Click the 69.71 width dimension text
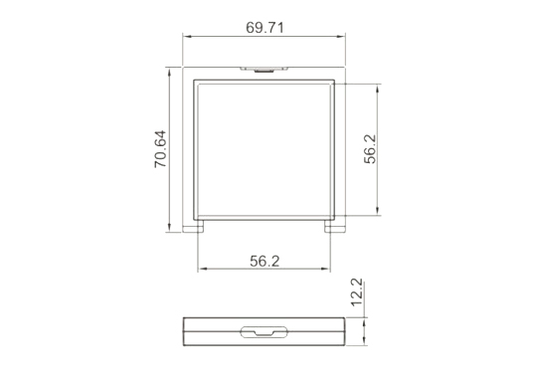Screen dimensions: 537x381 point(265,28)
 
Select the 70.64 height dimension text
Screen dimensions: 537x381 point(160,148)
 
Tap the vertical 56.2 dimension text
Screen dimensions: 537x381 point(370,149)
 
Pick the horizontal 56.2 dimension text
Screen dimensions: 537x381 point(265,261)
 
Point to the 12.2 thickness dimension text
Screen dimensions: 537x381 point(357,291)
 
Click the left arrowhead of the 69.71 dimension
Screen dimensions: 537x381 point(187,36)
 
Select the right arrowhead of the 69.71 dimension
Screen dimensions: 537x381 point(341,36)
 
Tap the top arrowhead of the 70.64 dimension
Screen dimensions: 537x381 point(169,73)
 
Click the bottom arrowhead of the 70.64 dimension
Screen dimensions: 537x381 point(169,227)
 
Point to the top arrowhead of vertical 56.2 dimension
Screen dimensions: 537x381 point(378,89)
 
